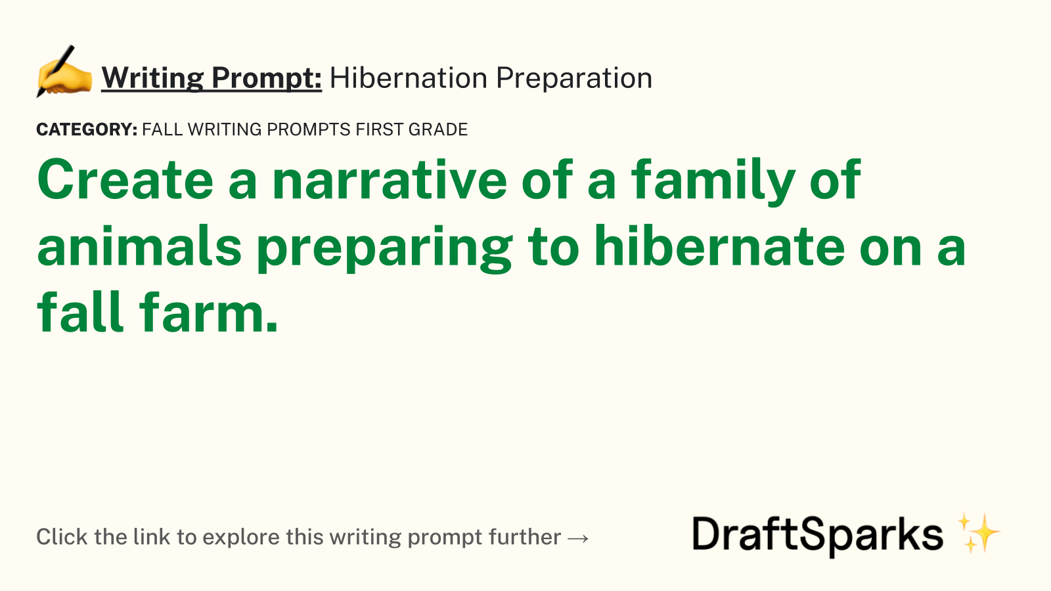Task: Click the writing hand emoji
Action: (x=64, y=72)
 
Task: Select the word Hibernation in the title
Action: (x=408, y=77)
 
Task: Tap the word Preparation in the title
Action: (x=574, y=79)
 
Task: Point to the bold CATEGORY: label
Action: (x=87, y=129)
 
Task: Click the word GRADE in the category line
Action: (x=438, y=129)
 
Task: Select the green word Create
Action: (x=125, y=180)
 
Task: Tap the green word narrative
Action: (x=390, y=181)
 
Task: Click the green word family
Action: (x=713, y=183)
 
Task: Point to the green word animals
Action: (x=139, y=246)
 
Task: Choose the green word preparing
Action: (x=385, y=249)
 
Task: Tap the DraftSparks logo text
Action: (x=817, y=536)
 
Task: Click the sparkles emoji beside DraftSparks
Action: (x=979, y=533)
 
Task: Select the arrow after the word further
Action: (x=577, y=538)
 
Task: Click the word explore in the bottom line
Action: (x=241, y=538)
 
